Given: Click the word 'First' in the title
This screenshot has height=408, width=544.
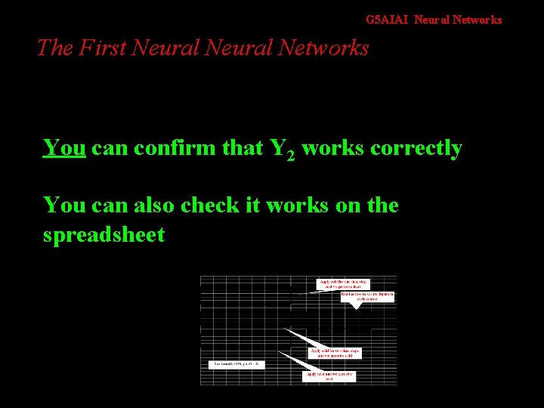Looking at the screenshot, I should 103,48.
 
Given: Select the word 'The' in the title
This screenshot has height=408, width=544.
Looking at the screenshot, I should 54,48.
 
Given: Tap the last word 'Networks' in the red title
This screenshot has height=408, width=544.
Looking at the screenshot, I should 323,48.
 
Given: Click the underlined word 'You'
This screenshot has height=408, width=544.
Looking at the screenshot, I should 63,148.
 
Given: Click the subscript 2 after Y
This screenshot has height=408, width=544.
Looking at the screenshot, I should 291,156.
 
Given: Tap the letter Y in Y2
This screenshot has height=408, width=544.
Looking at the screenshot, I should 277,148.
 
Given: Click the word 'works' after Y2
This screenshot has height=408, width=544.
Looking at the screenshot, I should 332,148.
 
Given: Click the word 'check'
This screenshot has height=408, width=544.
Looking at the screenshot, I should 215,206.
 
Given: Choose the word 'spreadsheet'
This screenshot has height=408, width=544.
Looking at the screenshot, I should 104,235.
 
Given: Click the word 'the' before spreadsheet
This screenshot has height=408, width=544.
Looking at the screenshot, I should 382,206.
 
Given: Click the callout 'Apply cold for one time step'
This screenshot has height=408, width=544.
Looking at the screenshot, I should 343,284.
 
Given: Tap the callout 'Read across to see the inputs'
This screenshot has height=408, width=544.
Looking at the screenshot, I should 367,296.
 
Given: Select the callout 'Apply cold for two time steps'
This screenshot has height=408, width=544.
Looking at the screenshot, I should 335,353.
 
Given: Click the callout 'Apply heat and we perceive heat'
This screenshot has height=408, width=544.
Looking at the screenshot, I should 329,376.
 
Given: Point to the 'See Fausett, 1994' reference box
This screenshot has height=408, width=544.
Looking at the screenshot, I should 236,364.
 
